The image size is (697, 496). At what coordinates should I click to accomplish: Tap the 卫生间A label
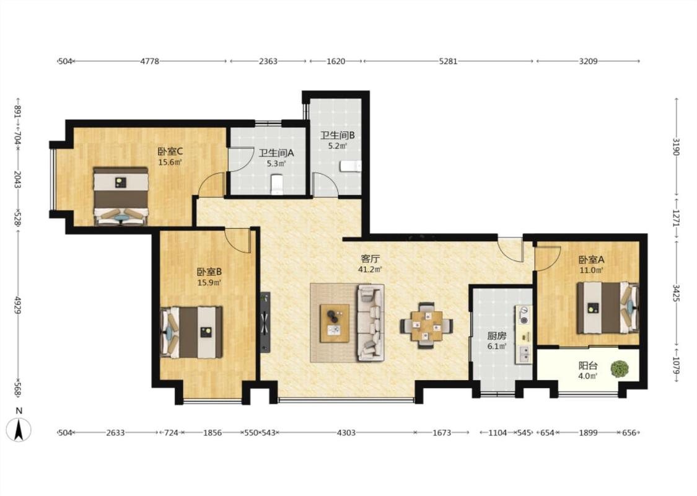tap(276, 153)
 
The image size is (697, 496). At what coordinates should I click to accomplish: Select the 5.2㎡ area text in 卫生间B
tap(338, 146)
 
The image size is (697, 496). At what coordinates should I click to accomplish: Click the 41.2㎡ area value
tap(370, 269)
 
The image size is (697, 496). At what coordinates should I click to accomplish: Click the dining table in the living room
tap(426, 325)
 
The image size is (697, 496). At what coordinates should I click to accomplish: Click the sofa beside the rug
tap(370, 322)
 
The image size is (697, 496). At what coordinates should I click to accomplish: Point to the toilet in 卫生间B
tap(351, 166)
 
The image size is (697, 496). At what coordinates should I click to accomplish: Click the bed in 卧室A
tap(608, 308)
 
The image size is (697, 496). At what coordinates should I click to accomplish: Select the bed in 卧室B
tap(191, 332)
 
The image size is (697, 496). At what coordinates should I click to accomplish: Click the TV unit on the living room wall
tap(265, 322)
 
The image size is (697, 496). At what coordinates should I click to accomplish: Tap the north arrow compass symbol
tap(19, 429)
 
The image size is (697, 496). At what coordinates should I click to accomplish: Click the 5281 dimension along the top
tap(448, 61)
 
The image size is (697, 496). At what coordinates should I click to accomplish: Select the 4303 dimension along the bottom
tap(346, 432)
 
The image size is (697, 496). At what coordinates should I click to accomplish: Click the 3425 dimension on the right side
tap(676, 294)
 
